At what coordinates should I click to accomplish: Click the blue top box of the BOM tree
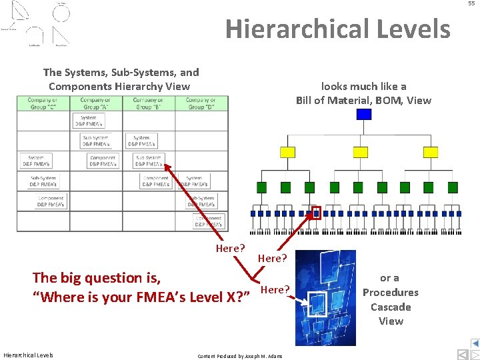click(x=363, y=114)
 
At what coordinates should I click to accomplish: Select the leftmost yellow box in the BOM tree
click(x=287, y=152)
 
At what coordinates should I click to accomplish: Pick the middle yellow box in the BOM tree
click(x=363, y=152)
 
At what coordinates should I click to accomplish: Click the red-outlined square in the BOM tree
click(x=317, y=213)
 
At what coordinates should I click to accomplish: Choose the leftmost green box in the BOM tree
click(x=262, y=187)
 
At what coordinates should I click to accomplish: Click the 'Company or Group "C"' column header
click(x=43, y=103)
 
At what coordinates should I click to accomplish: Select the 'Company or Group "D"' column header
click(x=201, y=103)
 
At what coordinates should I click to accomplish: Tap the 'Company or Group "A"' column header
click(x=96, y=103)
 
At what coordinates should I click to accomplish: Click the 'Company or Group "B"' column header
click(x=148, y=103)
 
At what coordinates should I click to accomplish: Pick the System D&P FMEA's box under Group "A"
click(x=89, y=121)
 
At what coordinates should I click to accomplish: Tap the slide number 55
click(x=471, y=4)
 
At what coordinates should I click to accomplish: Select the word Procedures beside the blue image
click(x=391, y=293)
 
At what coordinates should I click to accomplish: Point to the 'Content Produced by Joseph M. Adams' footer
click(x=240, y=356)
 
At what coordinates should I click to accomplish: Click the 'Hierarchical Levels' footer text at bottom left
click(x=28, y=355)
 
